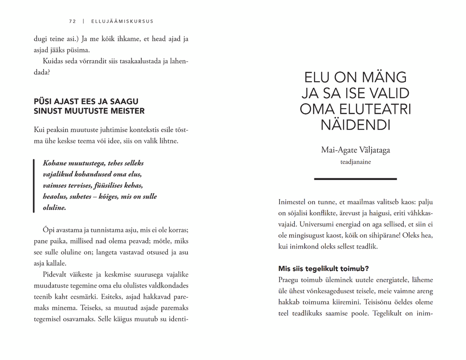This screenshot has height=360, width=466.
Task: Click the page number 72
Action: tap(72, 21)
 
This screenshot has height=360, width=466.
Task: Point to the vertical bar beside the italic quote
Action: tap(34, 186)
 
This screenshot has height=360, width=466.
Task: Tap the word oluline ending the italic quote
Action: tap(54, 208)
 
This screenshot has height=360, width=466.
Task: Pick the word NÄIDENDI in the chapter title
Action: tap(355, 125)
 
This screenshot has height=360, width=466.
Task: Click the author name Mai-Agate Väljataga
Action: tap(355, 150)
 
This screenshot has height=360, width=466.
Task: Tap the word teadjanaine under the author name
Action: tap(355, 162)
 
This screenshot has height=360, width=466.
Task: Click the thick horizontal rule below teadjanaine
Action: tap(355, 179)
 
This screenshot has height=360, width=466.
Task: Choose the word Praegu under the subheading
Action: tap(291, 280)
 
